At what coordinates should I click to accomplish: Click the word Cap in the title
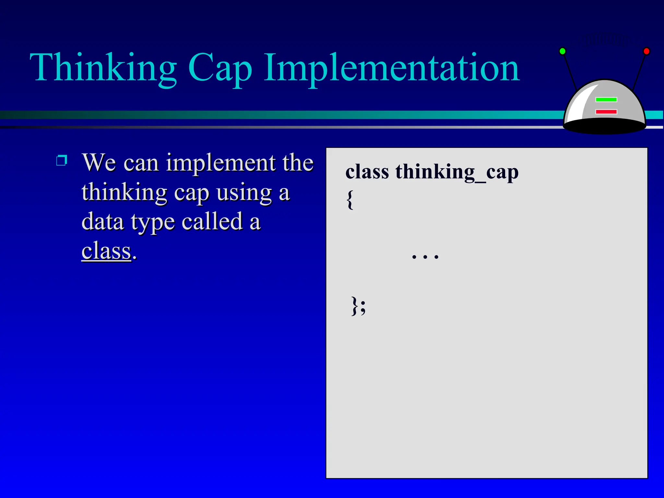(x=220, y=69)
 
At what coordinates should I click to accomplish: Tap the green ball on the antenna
(x=563, y=51)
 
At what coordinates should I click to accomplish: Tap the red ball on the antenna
(x=646, y=51)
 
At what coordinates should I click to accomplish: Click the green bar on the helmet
(x=606, y=100)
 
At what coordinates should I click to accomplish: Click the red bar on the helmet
(x=606, y=112)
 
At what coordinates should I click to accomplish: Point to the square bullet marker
(x=62, y=160)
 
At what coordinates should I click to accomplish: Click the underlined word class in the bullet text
(x=106, y=251)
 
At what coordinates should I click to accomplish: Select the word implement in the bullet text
(x=220, y=163)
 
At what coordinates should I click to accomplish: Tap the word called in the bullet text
(x=212, y=222)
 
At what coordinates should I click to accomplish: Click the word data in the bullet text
(x=103, y=222)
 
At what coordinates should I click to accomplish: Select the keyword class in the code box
(x=367, y=172)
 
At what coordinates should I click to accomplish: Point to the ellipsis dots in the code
(x=425, y=256)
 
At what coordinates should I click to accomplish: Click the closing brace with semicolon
(x=359, y=305)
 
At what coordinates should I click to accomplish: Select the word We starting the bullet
(x=99, y=163)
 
